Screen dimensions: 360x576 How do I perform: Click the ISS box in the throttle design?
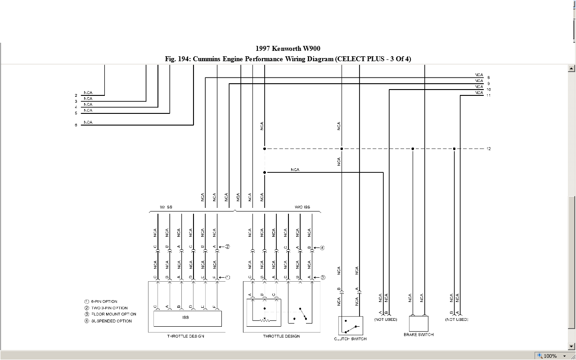coord(187,318)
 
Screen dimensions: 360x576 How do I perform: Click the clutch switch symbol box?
coord(351,325)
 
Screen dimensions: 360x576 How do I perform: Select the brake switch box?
coord(418,324)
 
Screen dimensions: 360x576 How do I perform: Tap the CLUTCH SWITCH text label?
coord(350,339)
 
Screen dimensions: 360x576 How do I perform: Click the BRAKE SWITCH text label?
coord(418,335)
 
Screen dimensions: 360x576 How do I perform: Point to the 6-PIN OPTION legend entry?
coord(104,301)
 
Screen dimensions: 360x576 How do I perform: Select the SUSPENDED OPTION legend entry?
coord(111,321)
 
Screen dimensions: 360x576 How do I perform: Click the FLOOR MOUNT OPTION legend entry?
coord(113,314)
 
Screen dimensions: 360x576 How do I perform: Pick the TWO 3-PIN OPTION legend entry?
coord(109,308)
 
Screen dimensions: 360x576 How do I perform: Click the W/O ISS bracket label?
coord(302,207)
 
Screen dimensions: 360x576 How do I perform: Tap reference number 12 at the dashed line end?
coord(488,149)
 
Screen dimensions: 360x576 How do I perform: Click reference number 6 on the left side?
coord(76,125)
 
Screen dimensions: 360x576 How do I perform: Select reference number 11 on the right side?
coord(488,95)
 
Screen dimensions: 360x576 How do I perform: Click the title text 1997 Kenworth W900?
coord(288,49)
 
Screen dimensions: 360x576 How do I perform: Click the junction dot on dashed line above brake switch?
coord(413,148)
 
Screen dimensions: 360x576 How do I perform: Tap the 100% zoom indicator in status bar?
coord(550,356)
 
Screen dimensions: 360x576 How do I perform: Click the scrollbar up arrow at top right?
coord(571,69)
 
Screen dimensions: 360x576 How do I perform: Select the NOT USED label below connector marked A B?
coord(386,319)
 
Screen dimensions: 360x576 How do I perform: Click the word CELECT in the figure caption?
coord(350,59)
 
